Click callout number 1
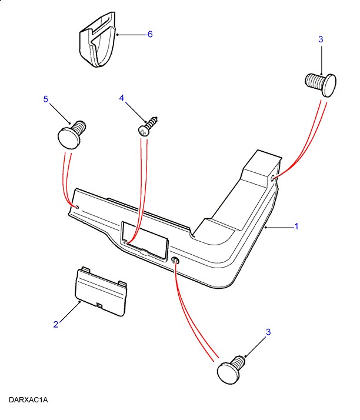(296, 226)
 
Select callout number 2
(56, 324)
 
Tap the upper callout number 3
(321, 39)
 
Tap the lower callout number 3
(268, 332)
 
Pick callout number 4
(122, 99)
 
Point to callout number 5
(45, 99)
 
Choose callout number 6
(150, 35)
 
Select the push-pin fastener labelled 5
(71, 134)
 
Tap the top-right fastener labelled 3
(321, 82)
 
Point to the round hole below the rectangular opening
(175, 261)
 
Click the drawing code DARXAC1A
(28, 400)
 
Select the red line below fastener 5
(68, 176)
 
